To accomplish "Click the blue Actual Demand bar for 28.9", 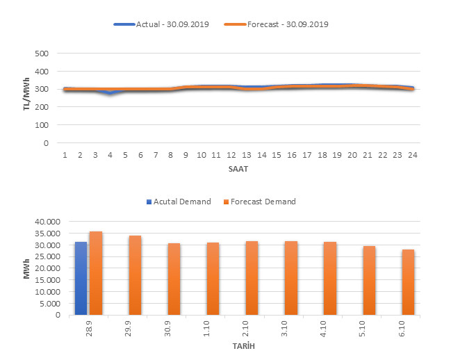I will coord(81,278).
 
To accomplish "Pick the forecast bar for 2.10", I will coord(252,278).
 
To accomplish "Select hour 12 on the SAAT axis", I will coord(231,154).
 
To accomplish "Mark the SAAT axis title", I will coord(238,169).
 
